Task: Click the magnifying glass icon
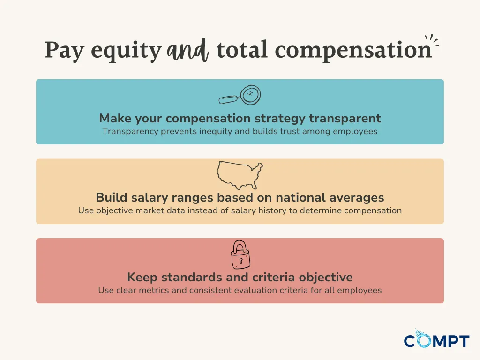(x=240, y=96)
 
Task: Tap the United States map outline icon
(x=240, y=175)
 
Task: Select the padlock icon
(x=240, y=254)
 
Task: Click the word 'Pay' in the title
(x=65, y=51)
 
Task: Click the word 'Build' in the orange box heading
(x=109, y=197)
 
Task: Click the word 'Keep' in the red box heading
(x=140, y=277)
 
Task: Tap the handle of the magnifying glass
(x=228, y=99)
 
